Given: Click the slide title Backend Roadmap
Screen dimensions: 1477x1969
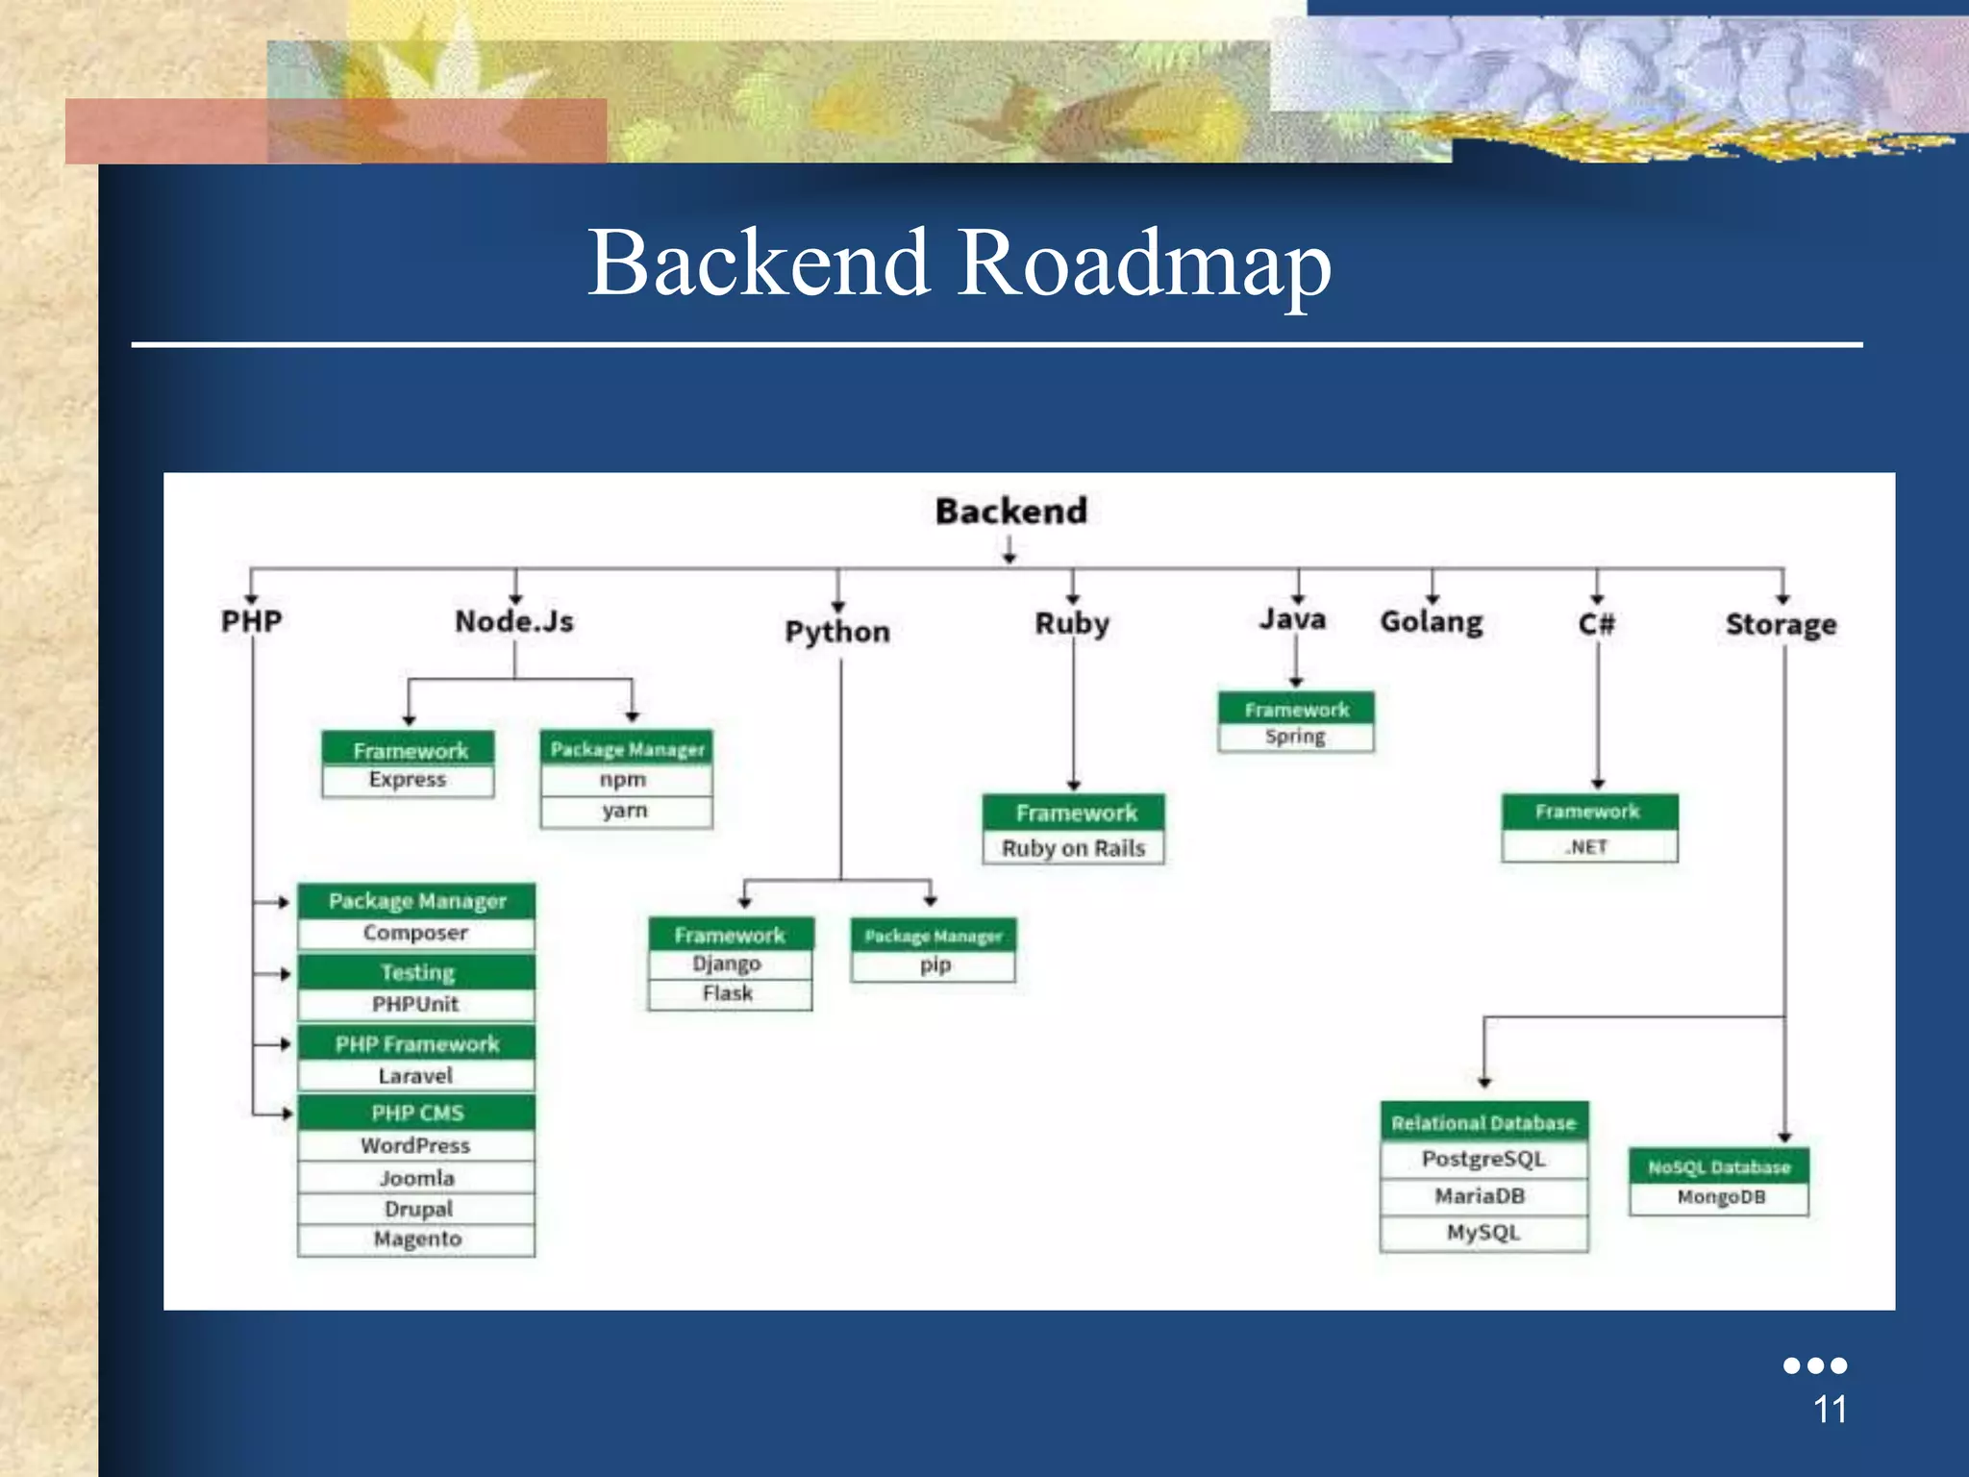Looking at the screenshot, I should coord(959,262).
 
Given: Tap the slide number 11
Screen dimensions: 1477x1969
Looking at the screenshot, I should coord(1830,1410).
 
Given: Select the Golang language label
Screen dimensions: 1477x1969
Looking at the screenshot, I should coord(1431,622).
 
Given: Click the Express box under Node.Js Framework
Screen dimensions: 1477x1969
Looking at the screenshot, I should coord(408,780).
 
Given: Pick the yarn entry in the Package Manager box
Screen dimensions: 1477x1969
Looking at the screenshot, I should coord(625,811).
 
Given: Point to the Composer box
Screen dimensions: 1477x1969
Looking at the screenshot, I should coord(415,933).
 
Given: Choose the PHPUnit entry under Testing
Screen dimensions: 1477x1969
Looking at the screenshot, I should coord(415,1004).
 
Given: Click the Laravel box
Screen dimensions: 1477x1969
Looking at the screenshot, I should coord(415,1075).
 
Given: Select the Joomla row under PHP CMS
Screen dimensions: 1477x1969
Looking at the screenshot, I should coord(415,1178).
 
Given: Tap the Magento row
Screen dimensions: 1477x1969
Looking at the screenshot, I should coord(415,1239).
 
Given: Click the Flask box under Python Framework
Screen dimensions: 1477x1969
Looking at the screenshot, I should coord(729,993).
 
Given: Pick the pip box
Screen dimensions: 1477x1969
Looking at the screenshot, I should coord(934,964).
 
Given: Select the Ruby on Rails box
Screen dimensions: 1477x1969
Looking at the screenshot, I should coord(1073,848).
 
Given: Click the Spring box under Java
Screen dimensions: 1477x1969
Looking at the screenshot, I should coord(1295,737).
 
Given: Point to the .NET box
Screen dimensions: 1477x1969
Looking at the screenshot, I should coord(1588,847).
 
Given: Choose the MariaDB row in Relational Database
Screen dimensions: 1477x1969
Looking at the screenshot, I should coord(1482,1196).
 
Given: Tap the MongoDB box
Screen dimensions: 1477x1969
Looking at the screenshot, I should coord(1719,1197).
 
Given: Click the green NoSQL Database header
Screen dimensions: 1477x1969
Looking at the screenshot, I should coord(1719,1166).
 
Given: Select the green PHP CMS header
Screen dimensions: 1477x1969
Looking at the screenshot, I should coord(415,1113).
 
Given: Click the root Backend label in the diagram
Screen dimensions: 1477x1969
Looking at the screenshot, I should coord(1010,512).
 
